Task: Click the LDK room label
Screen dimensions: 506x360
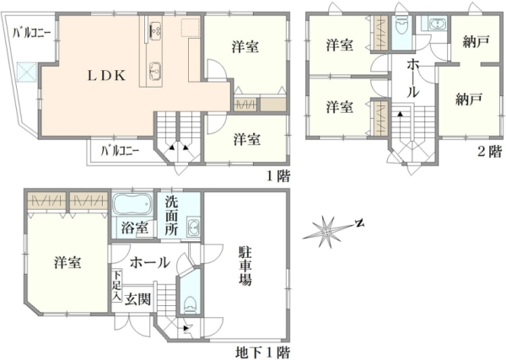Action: point(107,76)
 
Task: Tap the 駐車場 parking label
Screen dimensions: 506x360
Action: point(245,266)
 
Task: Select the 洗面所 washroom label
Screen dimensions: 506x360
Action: point(171,215)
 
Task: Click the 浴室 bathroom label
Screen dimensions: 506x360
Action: point(135,228)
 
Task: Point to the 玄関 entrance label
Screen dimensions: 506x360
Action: point(138,299)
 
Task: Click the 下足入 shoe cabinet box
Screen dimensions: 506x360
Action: point(117,286)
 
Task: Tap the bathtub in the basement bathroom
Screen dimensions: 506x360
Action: point(132,204)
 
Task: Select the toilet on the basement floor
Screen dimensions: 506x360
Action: point(190,304)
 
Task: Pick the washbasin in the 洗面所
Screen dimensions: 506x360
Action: point(193,228)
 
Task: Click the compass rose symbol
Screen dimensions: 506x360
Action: point(326,231)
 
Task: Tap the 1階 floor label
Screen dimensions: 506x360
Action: point(277,176)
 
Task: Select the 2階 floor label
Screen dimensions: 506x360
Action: point(490,151)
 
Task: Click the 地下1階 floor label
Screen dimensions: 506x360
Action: point(262,352)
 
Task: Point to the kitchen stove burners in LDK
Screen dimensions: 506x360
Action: point(155,31)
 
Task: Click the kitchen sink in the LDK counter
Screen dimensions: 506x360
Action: point(155,71)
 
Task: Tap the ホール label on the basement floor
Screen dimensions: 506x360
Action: point(150,262)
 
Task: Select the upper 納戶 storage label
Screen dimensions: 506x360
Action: point(476,41)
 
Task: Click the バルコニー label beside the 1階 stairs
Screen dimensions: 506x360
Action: point(120,151)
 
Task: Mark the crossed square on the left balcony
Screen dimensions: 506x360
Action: point(26,72)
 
